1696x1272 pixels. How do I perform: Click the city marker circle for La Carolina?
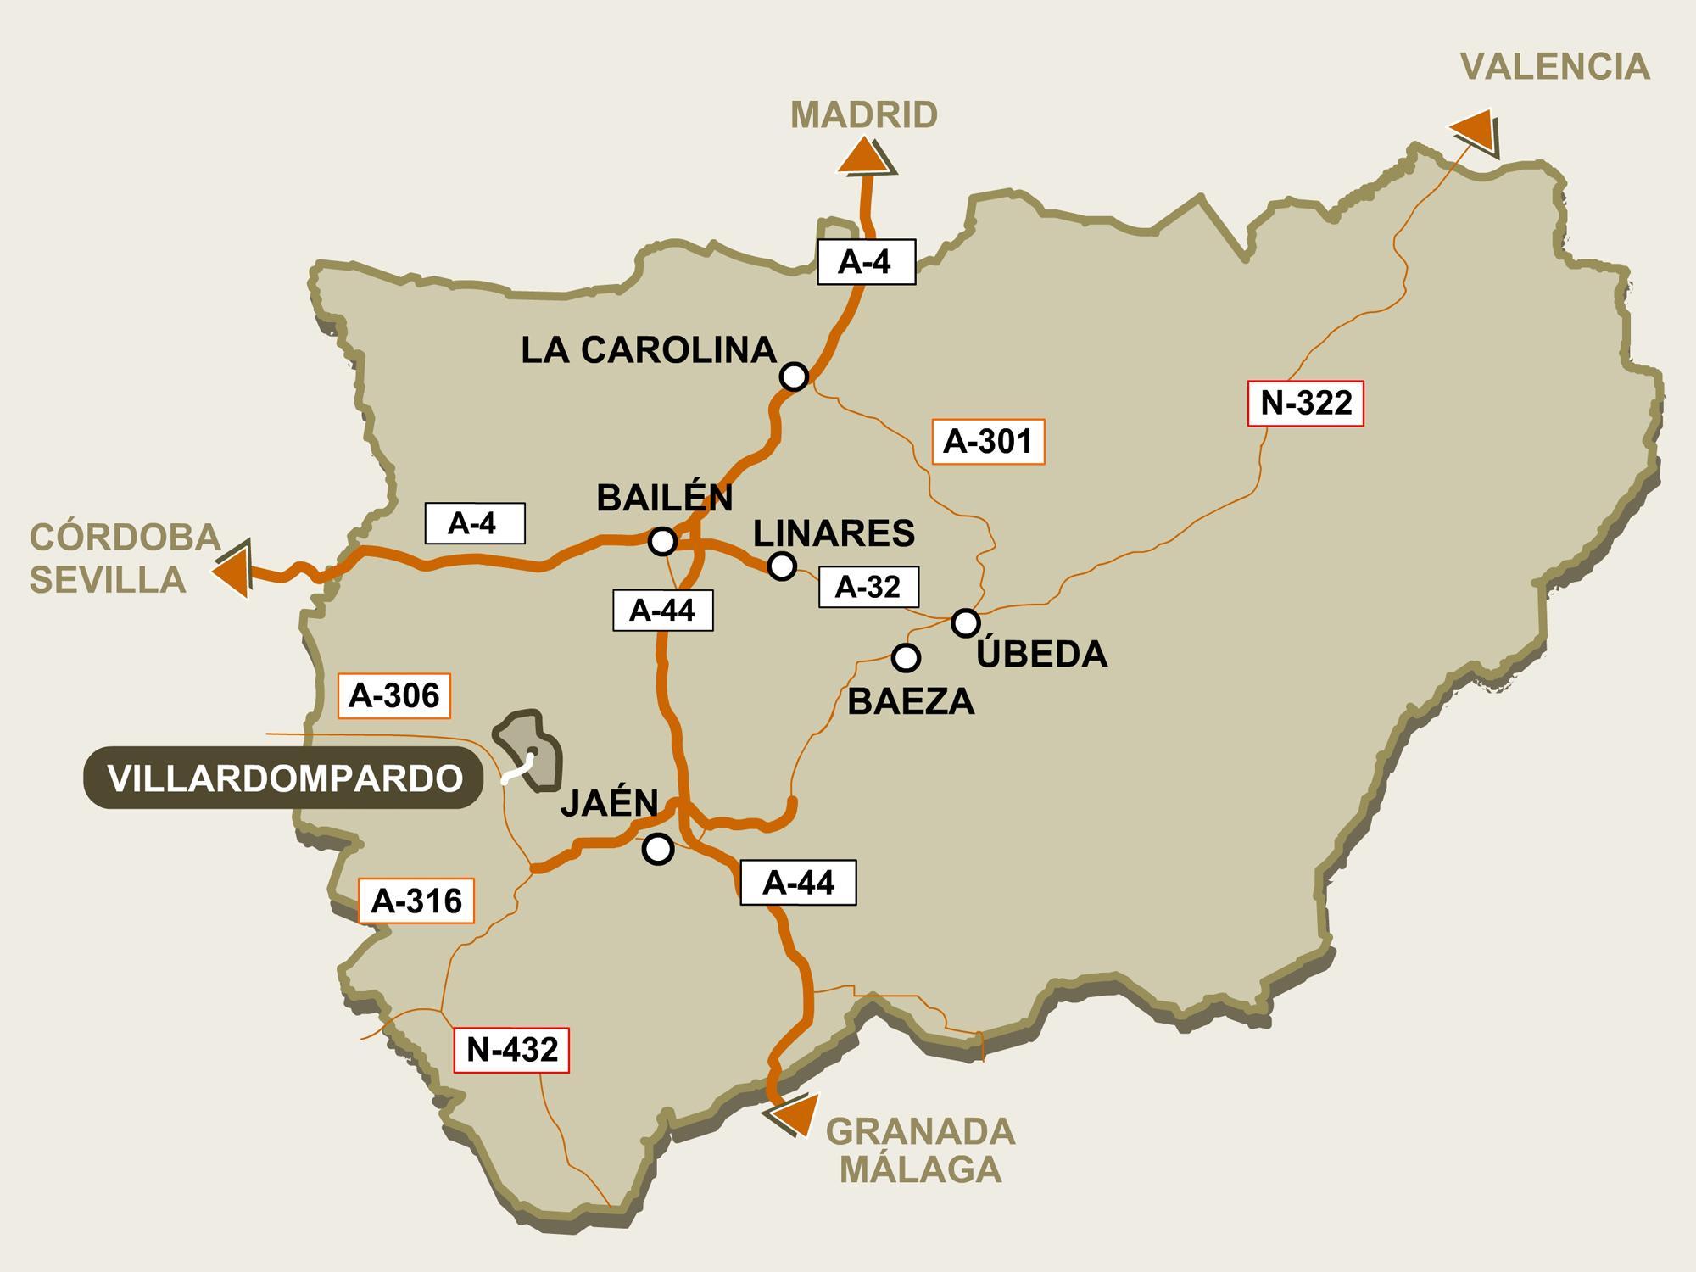pyautogui.click(x=794, y=376)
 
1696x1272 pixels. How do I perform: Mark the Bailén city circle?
pyautogui.click(x=661, y=540)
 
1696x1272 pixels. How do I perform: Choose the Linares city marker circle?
pyautogui.click(x=781, y=566)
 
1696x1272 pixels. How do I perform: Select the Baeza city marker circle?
pyautogui.click(x=906, y=657)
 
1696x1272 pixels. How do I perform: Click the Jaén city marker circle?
pyautogui.click(x=657, y=848)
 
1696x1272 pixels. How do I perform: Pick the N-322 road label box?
pyautogui.click(x=1306, y=404)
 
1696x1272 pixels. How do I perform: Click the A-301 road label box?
pyautogui.click(x=988, y=442)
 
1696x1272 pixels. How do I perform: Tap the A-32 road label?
pyautogui.click(x=868, y=587)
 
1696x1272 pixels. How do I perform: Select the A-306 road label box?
pyautogui.click(x=394, y=696)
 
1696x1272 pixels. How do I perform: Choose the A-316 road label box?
pyautogui.click(x=416, y=901)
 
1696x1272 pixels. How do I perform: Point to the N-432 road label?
pyautogui.click(x=512, y=1050)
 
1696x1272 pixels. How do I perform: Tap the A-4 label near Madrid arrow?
pyautogui.click(x=866, y=262)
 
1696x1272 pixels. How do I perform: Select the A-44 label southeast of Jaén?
pyautogui.click(x=798, y=883)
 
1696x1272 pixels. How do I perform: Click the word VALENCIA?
pyautogui.click(x=1554, y=67)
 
